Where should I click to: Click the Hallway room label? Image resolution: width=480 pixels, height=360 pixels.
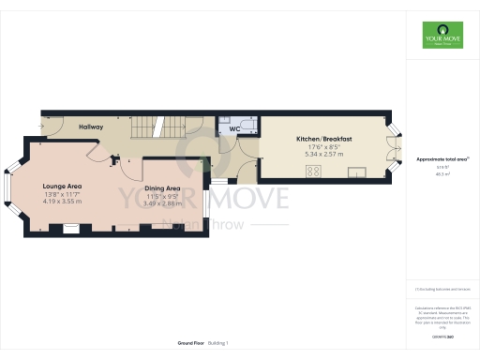(91, 127)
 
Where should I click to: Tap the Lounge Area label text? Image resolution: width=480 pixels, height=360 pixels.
(61, 187)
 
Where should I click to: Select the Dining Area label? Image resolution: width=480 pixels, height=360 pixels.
(161, 188)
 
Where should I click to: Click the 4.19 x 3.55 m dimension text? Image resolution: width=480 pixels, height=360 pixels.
(61, 202)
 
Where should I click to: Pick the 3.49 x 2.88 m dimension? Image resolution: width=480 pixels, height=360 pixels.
(161, 203)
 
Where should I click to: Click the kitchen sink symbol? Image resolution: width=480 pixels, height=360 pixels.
(357, 172)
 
